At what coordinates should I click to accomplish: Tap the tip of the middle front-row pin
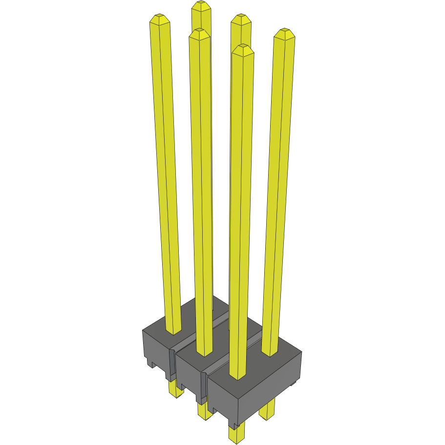[x=199, y=31]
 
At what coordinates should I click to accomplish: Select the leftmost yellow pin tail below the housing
[x=173, y=389]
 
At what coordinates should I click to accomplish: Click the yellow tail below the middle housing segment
[x=205, y=410]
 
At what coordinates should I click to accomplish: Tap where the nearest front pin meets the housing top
[x=236, y=377]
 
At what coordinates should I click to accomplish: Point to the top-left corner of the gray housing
[x=143, y=331]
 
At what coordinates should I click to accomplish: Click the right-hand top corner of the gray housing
[x=301, y=352]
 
